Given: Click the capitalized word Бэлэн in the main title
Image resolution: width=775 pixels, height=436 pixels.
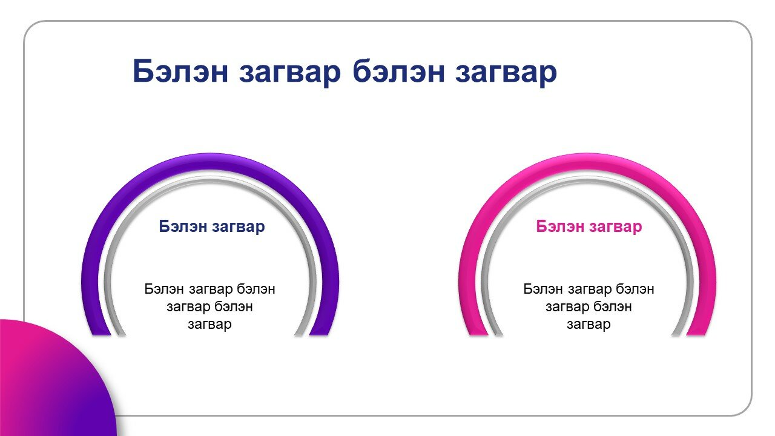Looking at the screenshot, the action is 180,71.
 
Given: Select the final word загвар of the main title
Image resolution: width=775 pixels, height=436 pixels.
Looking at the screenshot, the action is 506,73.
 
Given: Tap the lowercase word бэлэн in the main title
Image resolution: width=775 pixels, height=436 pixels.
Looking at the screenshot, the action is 398,71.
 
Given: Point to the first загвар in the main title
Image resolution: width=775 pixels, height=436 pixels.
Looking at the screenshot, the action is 290,73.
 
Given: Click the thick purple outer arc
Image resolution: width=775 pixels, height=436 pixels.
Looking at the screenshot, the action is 210,162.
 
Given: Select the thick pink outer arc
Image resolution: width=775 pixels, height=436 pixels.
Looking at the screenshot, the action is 587,162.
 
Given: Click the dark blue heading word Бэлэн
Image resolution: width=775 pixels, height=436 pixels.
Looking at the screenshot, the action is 183,226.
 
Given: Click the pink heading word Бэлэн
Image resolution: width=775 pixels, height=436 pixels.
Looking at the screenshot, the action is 560,226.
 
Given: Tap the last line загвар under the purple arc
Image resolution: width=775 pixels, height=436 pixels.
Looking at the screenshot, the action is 209,325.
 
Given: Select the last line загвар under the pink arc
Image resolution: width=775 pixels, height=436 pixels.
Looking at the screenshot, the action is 589,325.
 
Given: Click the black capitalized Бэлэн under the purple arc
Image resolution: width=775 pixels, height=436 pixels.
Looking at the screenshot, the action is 164,289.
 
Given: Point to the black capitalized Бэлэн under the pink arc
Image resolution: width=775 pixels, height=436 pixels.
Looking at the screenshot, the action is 543,289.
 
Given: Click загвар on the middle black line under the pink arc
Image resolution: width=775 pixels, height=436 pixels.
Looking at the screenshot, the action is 567,307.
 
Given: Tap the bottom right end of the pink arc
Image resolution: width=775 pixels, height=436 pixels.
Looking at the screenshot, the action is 697,334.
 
